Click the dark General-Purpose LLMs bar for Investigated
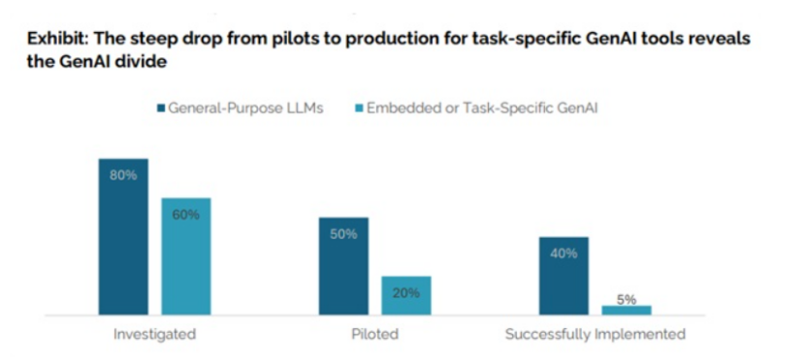point(123,237)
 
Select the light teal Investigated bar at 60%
point(186,256)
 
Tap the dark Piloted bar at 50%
point(343,266)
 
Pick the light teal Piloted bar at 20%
point(406,295)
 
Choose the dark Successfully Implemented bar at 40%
point(564,276)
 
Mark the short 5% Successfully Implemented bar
point(627,311)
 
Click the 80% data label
point(123,176)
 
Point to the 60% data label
point(185,214)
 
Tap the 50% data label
point(343,234)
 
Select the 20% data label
point(406,293)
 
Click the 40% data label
point(564,253)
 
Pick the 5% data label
point(627,299)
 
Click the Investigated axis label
point(155,334)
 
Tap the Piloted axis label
point(374,334)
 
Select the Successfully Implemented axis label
point(596,334)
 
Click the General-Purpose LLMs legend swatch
point(161,109)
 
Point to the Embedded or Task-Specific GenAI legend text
point(482,108)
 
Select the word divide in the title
point(142,62)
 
